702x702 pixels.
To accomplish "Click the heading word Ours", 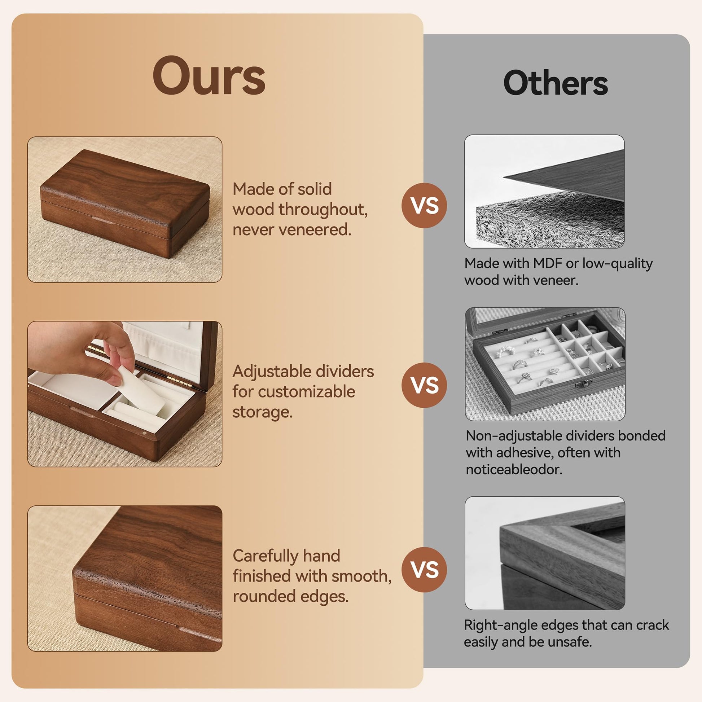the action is click(x=209, y=76).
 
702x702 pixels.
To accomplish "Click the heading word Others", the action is click(x=556, y=83).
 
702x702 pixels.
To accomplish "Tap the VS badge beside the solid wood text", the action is click(x=424, y=206).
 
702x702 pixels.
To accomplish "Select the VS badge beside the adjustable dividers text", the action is click(x=424, y=385).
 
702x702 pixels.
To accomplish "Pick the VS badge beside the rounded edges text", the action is click(x=424, y=569).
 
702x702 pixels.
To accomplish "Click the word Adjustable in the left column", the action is click(x=271, y=372).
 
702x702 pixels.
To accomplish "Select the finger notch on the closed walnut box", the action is click(x=102, y=219).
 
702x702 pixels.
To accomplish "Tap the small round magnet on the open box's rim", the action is click(x=145, y=433).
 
